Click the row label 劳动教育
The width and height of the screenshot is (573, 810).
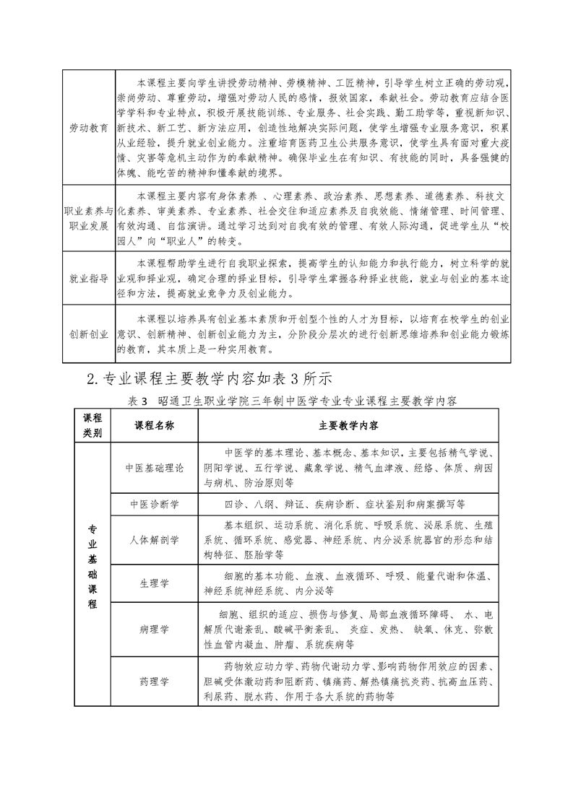point(89,127)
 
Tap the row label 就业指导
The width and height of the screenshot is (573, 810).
point(89,276)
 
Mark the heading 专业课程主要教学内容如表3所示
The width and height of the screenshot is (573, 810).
point(210,378)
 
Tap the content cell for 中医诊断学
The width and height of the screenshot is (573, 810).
point(349,504)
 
